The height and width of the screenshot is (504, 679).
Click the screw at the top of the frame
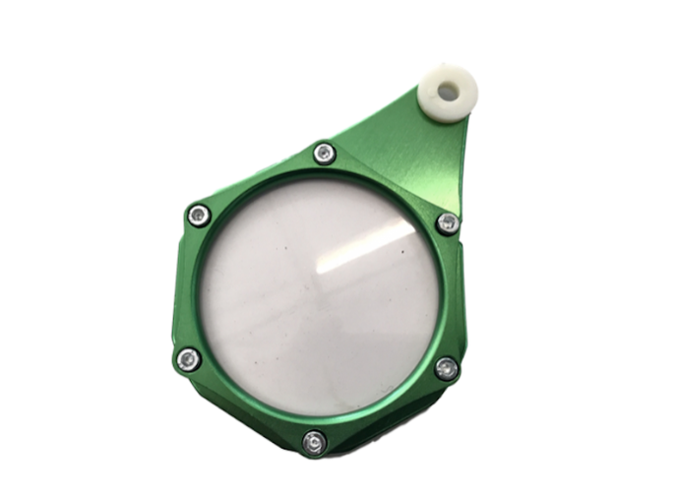pyautogui.click(x=324, y=154)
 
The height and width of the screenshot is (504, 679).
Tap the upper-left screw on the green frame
pyautogui.click(x=200, y=215)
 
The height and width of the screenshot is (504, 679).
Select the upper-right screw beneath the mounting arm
pyautogui.click(x=447, y=223)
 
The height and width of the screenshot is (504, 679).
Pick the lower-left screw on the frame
pyautogui.click(x=188, y=359)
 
